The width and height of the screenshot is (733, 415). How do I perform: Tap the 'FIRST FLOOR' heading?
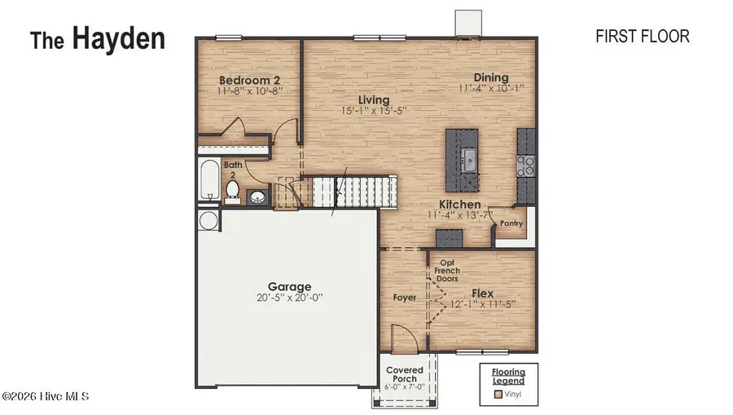click(643, 36)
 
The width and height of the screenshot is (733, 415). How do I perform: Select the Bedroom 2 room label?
click(250, 80)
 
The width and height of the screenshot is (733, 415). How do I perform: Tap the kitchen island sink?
click(470, 158)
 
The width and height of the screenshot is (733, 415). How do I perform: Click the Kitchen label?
click(460, 205)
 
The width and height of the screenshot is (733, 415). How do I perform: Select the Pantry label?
click(511, 221)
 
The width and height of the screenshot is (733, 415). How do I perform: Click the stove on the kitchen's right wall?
click(526, 166)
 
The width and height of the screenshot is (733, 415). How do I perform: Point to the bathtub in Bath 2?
click(208, 180)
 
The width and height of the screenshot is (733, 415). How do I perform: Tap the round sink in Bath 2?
click(257, 196)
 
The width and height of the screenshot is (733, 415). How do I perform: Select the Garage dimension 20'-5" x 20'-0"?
click(290, 298)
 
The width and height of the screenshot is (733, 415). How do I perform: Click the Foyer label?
click(404, 298)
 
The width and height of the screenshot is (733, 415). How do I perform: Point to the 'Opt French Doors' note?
click(447, 271)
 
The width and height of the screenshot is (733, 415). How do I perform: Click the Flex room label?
click(483, 293)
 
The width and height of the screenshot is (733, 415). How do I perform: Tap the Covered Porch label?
click(405, 374)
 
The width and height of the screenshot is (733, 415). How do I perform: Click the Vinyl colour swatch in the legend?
click(498, 395)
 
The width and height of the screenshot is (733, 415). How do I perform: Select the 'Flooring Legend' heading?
click(508, 376)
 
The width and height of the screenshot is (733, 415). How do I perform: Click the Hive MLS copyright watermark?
click(45, 396)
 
